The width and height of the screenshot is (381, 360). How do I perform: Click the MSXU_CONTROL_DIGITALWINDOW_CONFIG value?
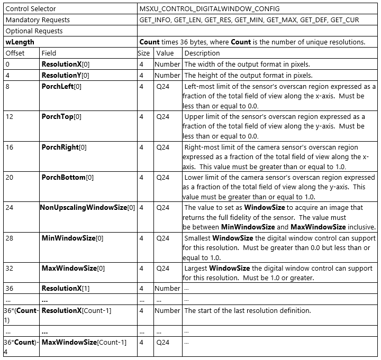(x=210, y=9)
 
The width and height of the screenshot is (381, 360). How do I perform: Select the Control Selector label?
(x=31, y=9)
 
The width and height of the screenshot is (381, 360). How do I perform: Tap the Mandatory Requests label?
(x=38, y=20)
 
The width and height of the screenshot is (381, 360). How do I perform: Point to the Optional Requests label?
(x=34, y=31)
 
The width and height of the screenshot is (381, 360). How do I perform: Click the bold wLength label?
(x=20, y=42)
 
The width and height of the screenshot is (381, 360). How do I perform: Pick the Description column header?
(x=202, y=53)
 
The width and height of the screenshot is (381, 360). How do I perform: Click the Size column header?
(x=144, y=53)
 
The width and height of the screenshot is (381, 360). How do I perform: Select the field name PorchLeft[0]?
(x=61, y=87)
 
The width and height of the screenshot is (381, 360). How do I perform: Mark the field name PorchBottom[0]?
(x=67, y=177)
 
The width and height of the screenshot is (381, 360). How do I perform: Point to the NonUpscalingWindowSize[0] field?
(x=88, y=208)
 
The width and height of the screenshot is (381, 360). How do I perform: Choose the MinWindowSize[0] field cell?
(x=72, y=238)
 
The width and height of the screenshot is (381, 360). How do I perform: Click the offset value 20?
(x=10, y=177)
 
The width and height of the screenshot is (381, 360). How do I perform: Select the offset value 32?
(x=10, y=268)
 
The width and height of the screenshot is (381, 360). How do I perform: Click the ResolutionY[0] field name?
(x=66, y=75)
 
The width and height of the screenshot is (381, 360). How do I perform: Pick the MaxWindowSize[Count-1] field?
(x=84, y=343)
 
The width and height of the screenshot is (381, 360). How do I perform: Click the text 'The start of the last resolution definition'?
(x=247, y=310)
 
